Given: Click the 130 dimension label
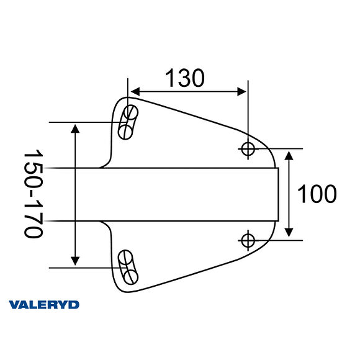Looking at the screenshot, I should pyautogui.click(x=184, y=78).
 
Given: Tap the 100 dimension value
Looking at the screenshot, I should pyautogui.click(x=317, y=194).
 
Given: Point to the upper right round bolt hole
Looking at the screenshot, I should pyautogui.click(x=248, y=148).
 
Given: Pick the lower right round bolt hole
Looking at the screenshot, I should pyautogui.click(x=248, y=240).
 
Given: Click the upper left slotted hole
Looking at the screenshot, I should pyautogui.click(x=128, y=122).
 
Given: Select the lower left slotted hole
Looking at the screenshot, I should pyautogui.click(x=128, y=266).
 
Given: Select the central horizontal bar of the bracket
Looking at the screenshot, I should pyautogui.click(x=186, y=194).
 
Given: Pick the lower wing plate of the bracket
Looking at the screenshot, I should pyautogui.click(x=186, y=251).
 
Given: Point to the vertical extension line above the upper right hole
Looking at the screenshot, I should pyautogui.click(x=248, y=112).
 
